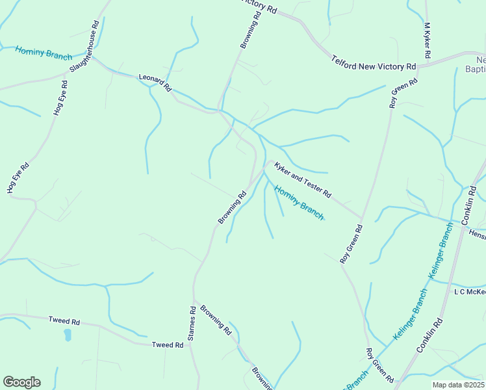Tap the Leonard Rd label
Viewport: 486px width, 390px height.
[155, 82]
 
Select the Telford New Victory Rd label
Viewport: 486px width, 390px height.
[374, 62]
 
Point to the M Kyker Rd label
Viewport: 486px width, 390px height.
[428, 42]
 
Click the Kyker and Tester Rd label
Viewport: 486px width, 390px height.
[303, 181]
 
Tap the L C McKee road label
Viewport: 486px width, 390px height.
[469, 292]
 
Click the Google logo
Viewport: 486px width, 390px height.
[21, 382]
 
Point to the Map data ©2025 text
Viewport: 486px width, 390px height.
[458, 385]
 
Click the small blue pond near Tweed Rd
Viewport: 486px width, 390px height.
[68, 335]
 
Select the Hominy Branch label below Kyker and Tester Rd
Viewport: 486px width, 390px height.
[298, 203]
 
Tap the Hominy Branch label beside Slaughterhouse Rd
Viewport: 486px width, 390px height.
[44, 53]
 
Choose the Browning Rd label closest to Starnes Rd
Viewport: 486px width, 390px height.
[216, 319]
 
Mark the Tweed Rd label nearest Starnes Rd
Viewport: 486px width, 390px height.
[168, 345]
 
